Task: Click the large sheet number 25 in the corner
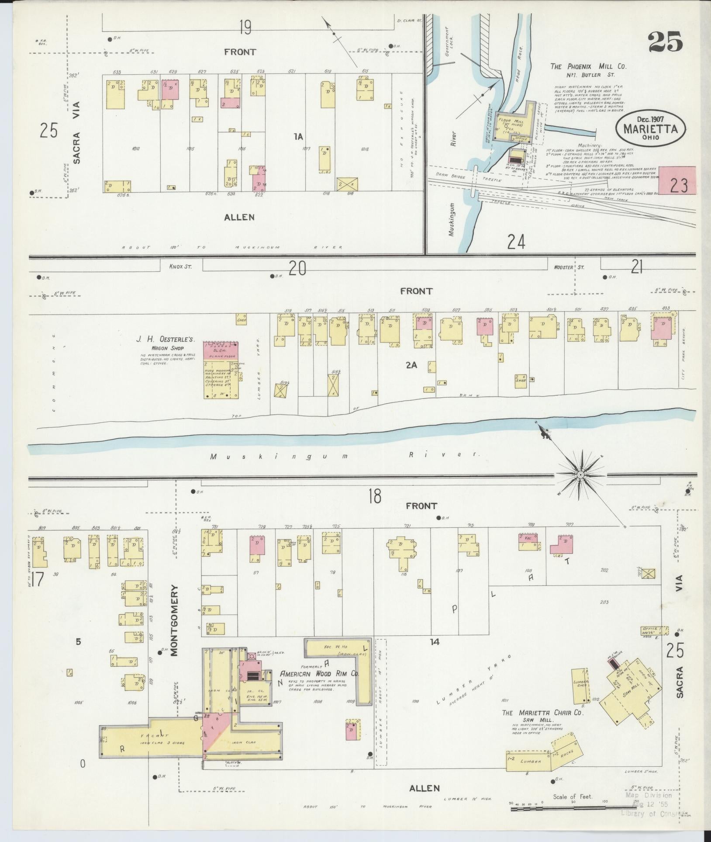(x=665, y=42)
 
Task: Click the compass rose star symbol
(x=580, y=475)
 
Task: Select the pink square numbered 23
(x=677, y=180)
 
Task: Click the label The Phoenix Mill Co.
(x=588, y=66)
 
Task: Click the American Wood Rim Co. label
(x=319, y=686)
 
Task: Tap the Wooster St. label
(x=569, y=267)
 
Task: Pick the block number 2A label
(x=411, y=365)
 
